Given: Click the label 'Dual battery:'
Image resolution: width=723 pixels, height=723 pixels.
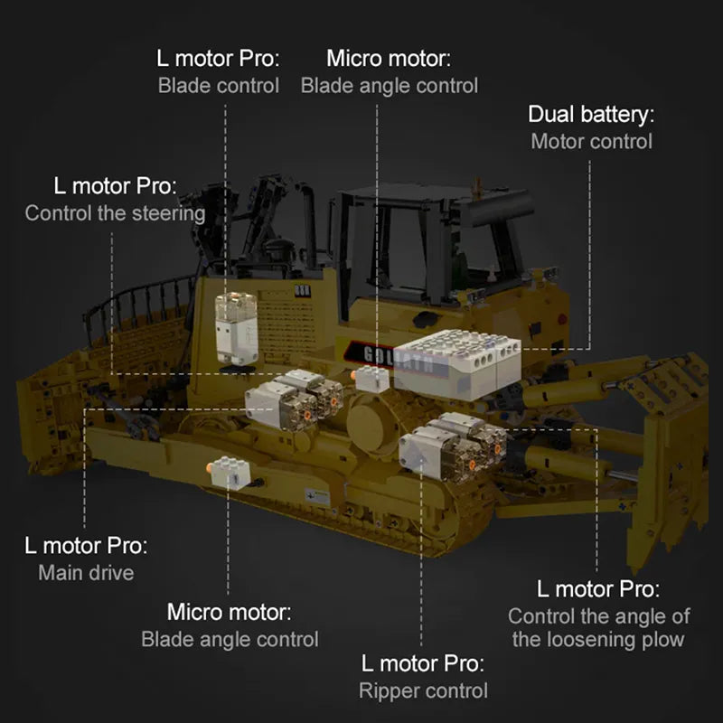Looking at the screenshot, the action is point(591,115).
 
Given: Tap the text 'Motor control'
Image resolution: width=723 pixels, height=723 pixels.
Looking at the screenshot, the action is point(592,142).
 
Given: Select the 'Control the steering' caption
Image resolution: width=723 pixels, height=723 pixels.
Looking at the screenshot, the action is point(116,213).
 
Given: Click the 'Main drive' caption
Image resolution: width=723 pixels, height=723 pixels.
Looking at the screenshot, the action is point(86,573).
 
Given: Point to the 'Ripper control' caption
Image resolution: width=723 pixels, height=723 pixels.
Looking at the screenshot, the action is point(423,690).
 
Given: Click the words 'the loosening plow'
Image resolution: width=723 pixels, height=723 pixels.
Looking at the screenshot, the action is point(598,640).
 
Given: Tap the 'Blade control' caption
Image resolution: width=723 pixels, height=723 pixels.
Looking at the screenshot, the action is point(219,86).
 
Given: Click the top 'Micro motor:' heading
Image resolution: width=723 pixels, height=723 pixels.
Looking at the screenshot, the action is point(389,59).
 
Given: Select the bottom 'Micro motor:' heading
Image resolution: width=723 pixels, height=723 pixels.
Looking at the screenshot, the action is point(230,613).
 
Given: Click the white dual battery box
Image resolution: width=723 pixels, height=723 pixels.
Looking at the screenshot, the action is point(457,364).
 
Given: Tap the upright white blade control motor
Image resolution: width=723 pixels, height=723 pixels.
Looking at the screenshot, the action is point(236,328).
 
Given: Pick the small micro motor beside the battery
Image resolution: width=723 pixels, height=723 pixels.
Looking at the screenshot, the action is point(371,379).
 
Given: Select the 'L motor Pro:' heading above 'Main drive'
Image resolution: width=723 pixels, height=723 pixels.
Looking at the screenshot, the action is point(86,546).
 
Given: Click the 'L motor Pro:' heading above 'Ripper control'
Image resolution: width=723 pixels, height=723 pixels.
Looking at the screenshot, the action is point(423,663).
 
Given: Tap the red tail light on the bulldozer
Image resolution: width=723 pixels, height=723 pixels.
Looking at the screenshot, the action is point(562,319).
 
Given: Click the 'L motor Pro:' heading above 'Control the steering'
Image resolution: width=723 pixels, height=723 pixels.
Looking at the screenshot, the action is point(116,186).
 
